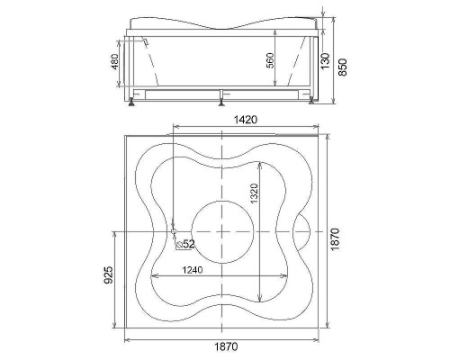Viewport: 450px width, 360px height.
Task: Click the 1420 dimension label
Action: click(246, 120)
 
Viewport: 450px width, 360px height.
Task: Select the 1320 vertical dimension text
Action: click(254, 193)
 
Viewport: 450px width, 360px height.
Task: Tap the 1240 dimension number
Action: click(193, 270)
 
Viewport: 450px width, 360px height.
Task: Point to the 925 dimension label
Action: click(108, 274)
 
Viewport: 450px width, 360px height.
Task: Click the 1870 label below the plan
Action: click(226, 346)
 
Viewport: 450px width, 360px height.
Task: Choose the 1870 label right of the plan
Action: click(335, 239)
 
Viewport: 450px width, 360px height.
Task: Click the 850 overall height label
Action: click(342, 67)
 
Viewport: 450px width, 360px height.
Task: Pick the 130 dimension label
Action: click(325, 60)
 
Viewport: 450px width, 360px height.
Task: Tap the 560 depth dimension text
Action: click(270, 60)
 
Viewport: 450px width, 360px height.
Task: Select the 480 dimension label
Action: click(115, 62)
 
